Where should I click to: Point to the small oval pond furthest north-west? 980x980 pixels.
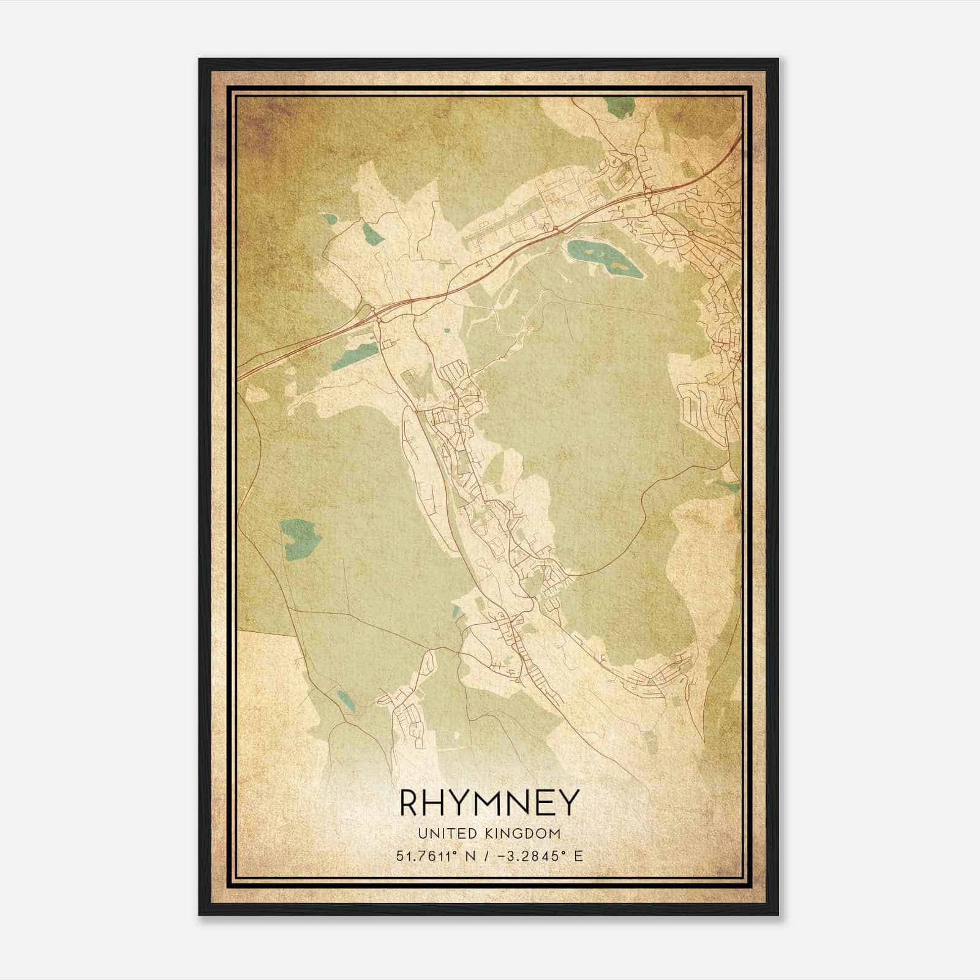(330, 219)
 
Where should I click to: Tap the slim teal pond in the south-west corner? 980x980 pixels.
(345, 700)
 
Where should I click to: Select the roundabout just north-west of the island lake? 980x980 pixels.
(555, 229)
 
